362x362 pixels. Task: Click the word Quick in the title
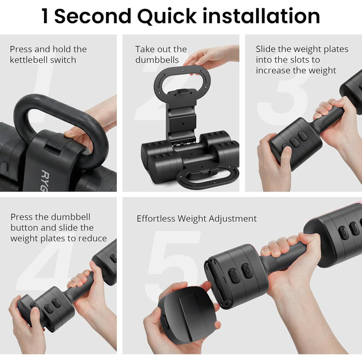click(x=167, y=17)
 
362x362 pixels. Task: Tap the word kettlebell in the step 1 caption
click(x=28, y=60)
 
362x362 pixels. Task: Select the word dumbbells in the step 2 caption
click(x=157, y=60)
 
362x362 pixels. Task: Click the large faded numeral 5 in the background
click(x=172, y=265)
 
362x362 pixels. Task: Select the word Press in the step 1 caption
click(x=20, y=49)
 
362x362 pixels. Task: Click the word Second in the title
click(x=93, y=16)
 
